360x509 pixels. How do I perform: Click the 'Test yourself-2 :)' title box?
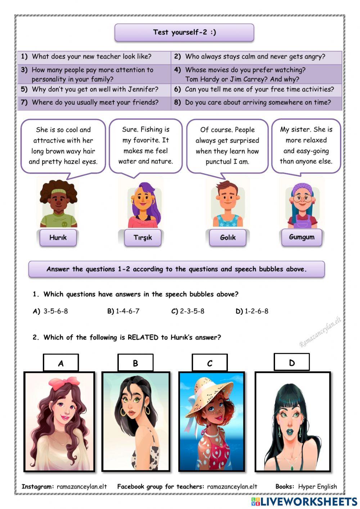tap(184, 32)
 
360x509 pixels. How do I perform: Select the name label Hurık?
tap(58, 237)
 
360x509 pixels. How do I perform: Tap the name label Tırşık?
tap(143, 237)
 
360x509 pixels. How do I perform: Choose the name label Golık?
tap(228, 237)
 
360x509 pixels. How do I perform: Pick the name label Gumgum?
tap(302, 237)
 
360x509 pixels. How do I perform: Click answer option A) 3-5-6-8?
tap(50, 311)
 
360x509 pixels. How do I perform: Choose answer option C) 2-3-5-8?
tap(188, 311)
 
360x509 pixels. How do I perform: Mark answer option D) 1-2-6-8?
tap(252, 311)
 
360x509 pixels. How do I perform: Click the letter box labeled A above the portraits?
tap(61, 363)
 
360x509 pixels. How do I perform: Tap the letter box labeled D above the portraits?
tap(292, 362)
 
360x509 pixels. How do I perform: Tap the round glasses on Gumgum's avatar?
tap(302, 198)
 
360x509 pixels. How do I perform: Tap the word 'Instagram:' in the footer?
tap(38, 486)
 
